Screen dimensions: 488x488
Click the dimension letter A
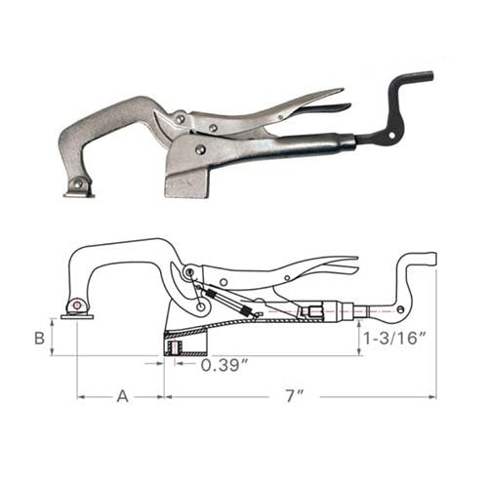122,396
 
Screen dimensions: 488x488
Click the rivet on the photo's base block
200,149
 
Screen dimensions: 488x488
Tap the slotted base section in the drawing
183,344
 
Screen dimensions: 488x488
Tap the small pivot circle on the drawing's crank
400,311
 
